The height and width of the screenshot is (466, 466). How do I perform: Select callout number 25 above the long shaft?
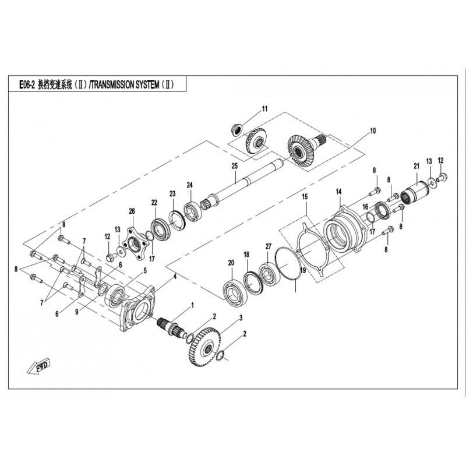click(235, 166)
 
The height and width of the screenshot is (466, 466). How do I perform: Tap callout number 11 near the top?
click(264, 109)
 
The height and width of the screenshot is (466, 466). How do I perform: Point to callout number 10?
click(373, 130)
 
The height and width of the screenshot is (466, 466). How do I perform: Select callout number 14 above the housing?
click(339, 192)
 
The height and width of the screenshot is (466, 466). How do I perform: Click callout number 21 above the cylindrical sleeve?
click(416, 166)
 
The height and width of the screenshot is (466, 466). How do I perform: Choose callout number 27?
click(269, 246)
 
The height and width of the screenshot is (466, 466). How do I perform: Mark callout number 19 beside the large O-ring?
click(302, 271)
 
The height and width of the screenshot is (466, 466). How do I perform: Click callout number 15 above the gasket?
click(305, 197)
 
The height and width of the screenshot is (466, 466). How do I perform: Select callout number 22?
click(154, 203)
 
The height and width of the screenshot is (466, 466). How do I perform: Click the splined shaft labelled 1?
click(172, 328)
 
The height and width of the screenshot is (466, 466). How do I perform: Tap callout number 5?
click(145, 271)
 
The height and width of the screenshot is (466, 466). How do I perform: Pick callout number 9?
click(77, 312)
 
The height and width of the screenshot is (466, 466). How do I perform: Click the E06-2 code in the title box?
click(27, 85)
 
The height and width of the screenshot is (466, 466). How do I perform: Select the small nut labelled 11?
click(237, 130)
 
